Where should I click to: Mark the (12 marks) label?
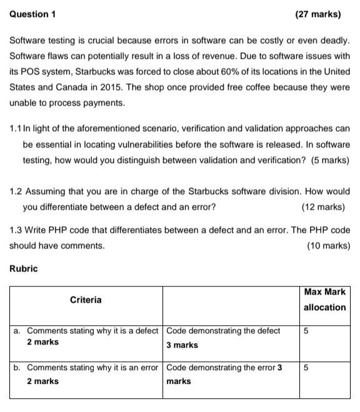click(322, 207)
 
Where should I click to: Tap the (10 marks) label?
click(328, 245)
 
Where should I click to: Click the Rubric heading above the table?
click(24, 268)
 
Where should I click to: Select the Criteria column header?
click(86, 300)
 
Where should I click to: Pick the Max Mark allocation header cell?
click(324, 300)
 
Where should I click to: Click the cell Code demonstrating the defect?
click(223, 330)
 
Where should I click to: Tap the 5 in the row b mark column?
click(306, 368)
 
